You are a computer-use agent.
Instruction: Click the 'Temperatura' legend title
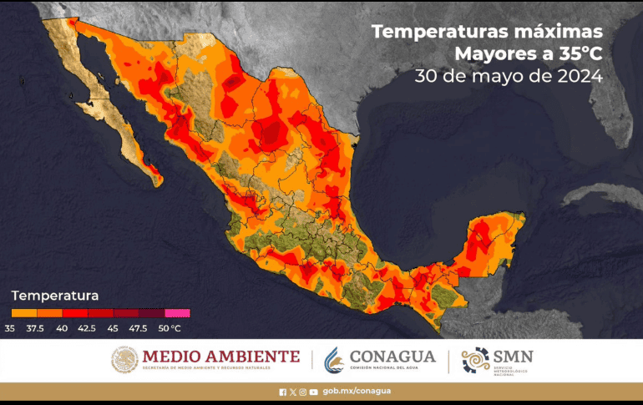pyautogui.click(x=55, y=296)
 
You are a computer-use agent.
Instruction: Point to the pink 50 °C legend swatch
pyautogui.click(x=178, y=313)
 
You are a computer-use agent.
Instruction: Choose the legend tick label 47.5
pyautogui.click(x=139, y=327)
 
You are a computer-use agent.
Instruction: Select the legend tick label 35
pyautogui.click(x=9, y=327)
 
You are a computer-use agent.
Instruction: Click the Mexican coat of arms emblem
pyautogui.click(x=124, y=360)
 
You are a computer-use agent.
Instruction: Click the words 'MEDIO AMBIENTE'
pyautogui.click(x=220, y=357)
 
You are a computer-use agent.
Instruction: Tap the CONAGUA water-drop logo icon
pyautogui.click(x=334, y=360)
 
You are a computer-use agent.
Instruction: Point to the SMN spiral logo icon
pyautogui.click(x=475, y=360)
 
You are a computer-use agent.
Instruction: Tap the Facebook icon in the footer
pyautogui.click(x=283, y=391)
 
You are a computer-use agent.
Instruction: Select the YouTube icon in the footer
pyautogui.click(x=313, y=391)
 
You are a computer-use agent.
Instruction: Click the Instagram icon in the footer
pyautogui.click(x=303, y=391)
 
